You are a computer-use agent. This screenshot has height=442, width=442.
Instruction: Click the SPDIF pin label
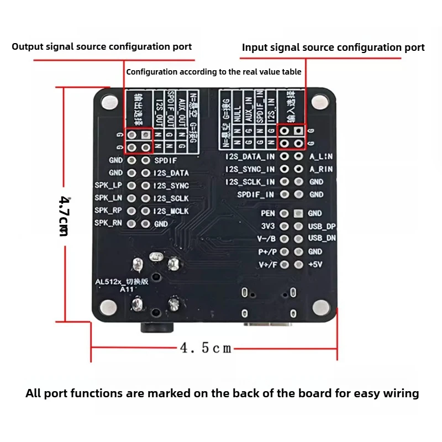point(165,160)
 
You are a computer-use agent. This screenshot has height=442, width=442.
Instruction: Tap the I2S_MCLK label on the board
point(171,211)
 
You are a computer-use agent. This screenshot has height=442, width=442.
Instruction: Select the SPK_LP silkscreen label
point(108,185)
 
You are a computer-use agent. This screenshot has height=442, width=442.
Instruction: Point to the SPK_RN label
point(108,223)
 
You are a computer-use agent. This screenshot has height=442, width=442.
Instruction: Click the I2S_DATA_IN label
point(250,156)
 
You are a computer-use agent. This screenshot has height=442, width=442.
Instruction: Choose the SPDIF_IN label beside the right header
point(256,194)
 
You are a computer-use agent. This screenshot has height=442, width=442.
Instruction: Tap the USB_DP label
point(321,227)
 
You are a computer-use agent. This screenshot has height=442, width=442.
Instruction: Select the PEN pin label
point(268,213)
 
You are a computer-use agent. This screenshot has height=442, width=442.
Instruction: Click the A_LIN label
point(321,156)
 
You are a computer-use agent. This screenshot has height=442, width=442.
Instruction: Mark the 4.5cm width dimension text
point(206,348)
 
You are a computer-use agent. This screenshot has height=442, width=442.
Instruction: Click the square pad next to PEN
point(298,213)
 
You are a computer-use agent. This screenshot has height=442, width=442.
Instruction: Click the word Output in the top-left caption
point(26,46)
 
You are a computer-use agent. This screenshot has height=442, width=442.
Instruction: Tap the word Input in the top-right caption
point(255,48)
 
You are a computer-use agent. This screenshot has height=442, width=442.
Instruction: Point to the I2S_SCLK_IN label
point(250,182)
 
